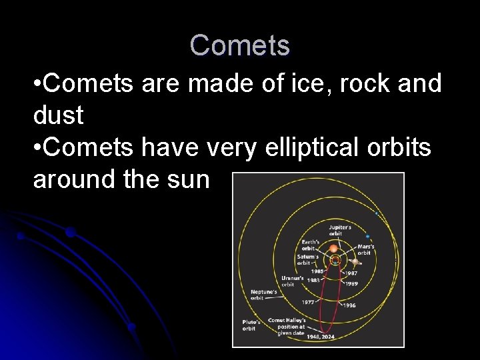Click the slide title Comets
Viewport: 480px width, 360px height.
(240, 45)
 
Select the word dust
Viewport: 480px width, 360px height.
(58, 115)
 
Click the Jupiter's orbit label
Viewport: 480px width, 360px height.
(340, 231)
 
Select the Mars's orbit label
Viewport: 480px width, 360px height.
(365, 250)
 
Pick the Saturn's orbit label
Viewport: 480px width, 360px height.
(307, 259)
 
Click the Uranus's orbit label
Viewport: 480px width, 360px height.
(292, 281)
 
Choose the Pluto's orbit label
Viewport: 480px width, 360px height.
(249, 325)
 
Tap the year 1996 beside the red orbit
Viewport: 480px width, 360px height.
(350, 305)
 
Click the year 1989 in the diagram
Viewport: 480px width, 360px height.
(351, 283)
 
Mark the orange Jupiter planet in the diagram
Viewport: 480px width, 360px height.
(334, 248)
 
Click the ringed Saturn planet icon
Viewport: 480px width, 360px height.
(357, 262)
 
